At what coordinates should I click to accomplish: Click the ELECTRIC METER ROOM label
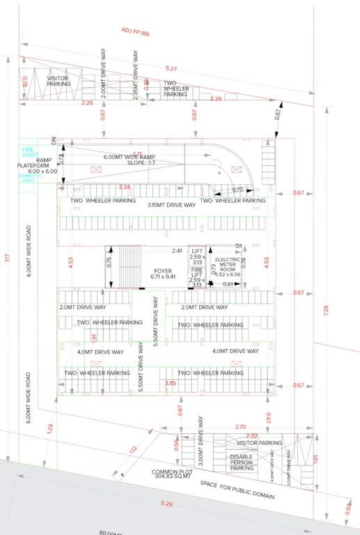[x=227, y=267]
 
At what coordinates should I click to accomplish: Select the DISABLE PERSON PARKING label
[x=241, y=461]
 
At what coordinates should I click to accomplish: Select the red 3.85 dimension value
[x=170, y=383]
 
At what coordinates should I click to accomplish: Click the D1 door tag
[x=238, y=246]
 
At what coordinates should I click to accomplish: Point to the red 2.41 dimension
[x=177, y=251]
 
